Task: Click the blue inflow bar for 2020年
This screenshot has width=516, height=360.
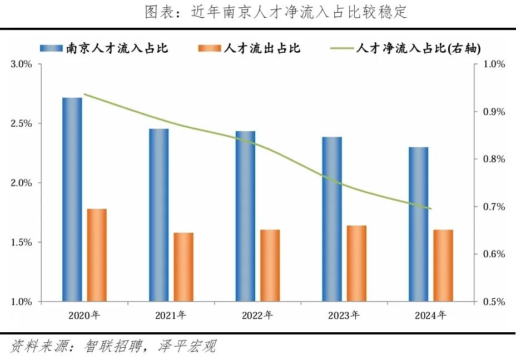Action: coord(72,200)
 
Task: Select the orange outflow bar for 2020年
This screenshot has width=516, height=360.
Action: coord(97,256)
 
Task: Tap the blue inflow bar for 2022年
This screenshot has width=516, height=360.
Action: coord(245,217)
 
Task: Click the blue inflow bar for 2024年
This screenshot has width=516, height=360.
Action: coord(418,224)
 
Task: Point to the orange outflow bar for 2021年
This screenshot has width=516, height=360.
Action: coord(183,267)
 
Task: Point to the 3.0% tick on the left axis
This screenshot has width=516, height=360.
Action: coord(22,64)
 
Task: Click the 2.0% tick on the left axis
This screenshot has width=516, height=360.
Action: coord(22,183)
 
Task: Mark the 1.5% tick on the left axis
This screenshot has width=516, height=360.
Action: coord(22,243)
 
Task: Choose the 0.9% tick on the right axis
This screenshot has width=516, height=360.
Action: coord(494,112)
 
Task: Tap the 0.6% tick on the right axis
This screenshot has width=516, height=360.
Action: coord(494,254)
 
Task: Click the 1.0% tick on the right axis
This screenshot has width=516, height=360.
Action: coord(494,64)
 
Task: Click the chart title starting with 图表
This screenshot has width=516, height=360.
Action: coord(276,12)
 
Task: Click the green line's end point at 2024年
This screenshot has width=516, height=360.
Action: coord(430,209)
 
